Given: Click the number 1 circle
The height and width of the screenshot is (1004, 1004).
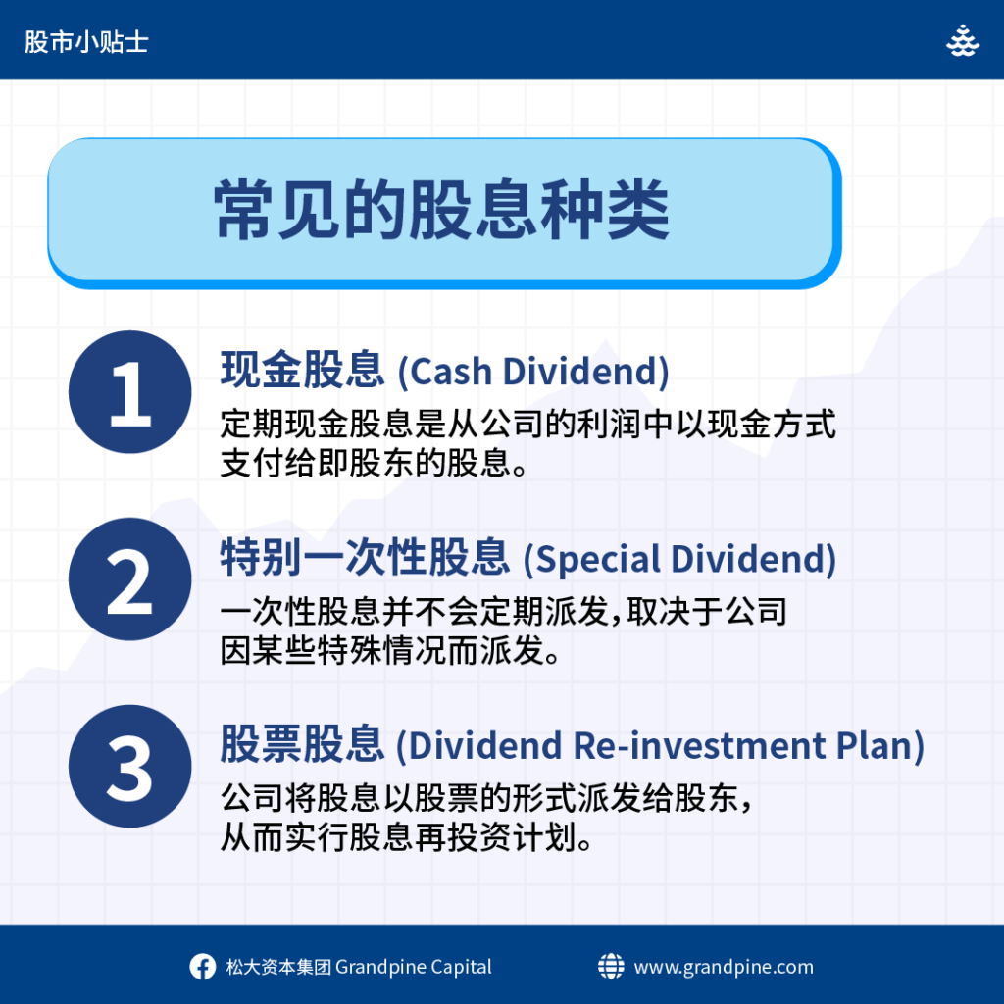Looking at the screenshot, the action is [130, 392].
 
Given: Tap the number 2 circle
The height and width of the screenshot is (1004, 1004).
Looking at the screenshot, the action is [130, 578].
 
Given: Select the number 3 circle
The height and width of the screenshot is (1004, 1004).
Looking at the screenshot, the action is [130, 766].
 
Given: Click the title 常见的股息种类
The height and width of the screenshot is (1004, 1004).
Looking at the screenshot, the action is [442, 210].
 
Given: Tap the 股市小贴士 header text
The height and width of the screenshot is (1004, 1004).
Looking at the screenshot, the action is [86, 42].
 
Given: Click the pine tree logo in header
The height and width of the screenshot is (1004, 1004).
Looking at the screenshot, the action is [963, 41].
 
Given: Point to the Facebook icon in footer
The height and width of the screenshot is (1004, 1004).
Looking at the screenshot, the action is [202, 966].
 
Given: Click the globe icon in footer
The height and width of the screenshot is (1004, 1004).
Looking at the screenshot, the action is [611, 966].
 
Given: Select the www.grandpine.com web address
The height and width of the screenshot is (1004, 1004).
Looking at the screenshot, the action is [724, 967].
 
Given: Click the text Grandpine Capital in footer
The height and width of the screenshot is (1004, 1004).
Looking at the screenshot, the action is [414, 967].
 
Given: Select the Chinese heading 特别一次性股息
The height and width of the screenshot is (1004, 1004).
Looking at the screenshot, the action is [365, 557].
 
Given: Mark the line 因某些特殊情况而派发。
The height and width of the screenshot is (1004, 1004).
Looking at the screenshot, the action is [390, 651].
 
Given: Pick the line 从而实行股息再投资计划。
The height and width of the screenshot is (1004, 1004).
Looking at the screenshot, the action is [407, 837].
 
